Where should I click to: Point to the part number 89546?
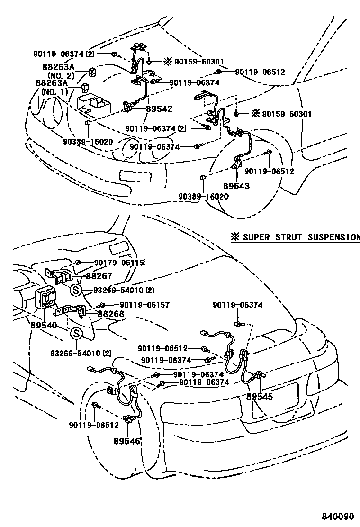click(x=127, y=441)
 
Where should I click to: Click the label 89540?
click(x=43, y=326)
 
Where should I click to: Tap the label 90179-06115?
click(x=118, y=262)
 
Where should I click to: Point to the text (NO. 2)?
click(x=60, y=75)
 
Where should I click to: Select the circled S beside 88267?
click(x=76, y=290)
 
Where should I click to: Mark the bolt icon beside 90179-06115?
click(x=79, y=262)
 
